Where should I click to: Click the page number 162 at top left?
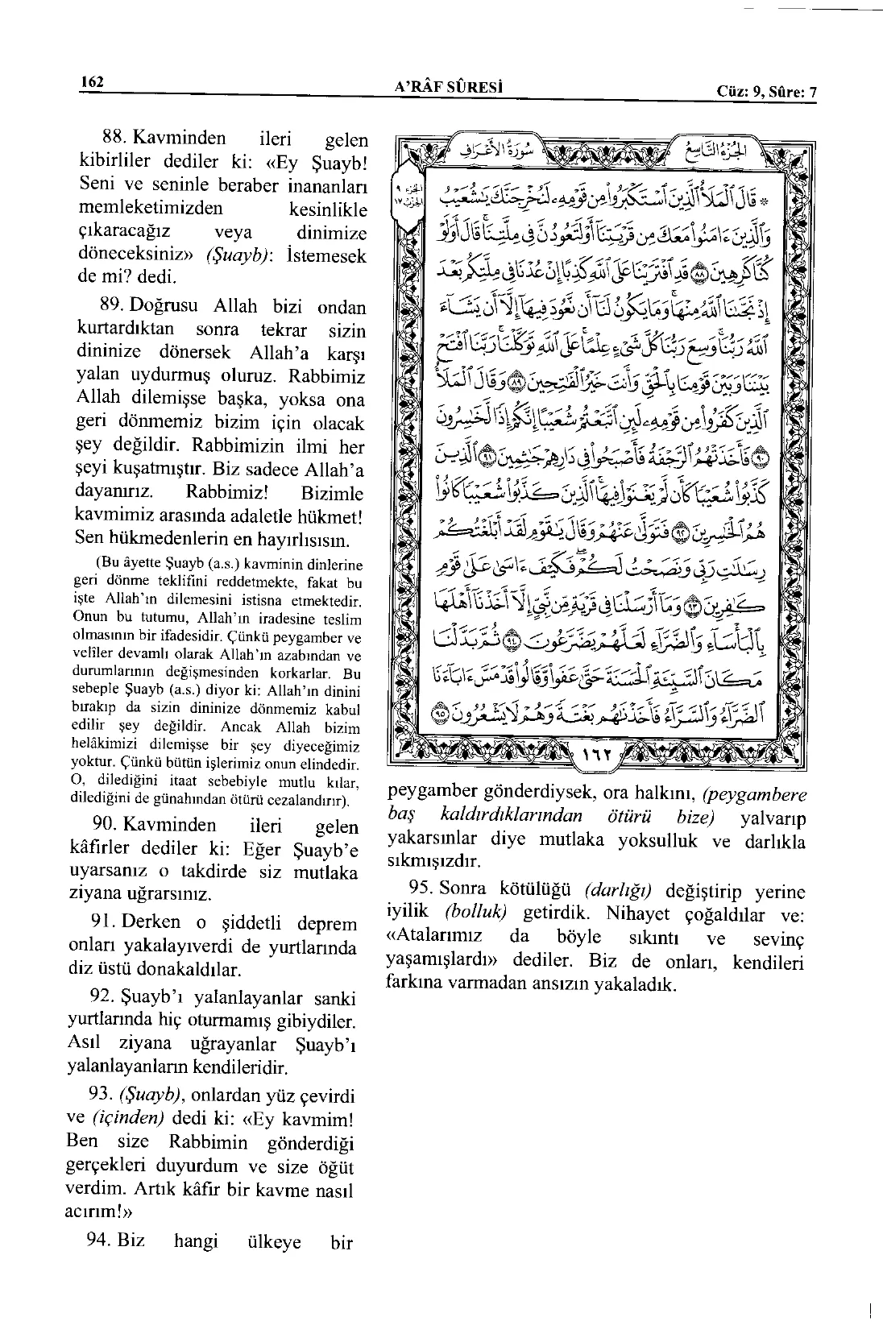click(x=93, y=82)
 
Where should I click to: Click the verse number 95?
click(x=423, y=890)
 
